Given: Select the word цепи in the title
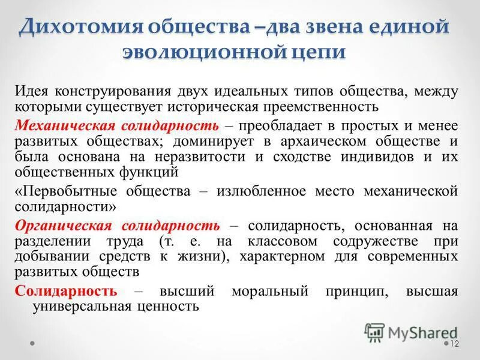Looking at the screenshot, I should pyautogui.click(x=323, y=52).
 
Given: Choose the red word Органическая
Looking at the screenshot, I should pyautogui.click(x=63, y=226).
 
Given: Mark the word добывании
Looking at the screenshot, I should pyautogui.click(x=47, y=257).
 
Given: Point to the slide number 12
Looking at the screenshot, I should pyautogui.click(x=454, y=343).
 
